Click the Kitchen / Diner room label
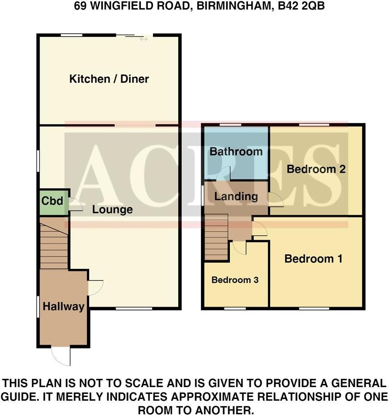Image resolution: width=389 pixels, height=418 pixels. [109, 79]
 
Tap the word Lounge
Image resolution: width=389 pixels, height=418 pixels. [112, 209]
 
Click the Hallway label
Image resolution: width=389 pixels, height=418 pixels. [64, 307]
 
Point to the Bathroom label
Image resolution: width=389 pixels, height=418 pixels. [236, 151]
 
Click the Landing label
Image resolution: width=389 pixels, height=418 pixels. [236, 197]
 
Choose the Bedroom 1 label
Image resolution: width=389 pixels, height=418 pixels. [313, 259]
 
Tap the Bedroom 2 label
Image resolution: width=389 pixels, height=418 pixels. [316, 169]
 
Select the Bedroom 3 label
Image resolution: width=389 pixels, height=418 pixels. [235, 280]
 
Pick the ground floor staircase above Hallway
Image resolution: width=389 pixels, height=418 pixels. [54, 243]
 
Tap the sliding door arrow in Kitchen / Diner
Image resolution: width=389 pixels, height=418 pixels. [144, 40]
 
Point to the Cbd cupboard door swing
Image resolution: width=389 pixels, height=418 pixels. [75, 205]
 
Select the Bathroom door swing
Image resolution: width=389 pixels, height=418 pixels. [223, 174]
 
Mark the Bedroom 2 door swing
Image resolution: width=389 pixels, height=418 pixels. [276, 199]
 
